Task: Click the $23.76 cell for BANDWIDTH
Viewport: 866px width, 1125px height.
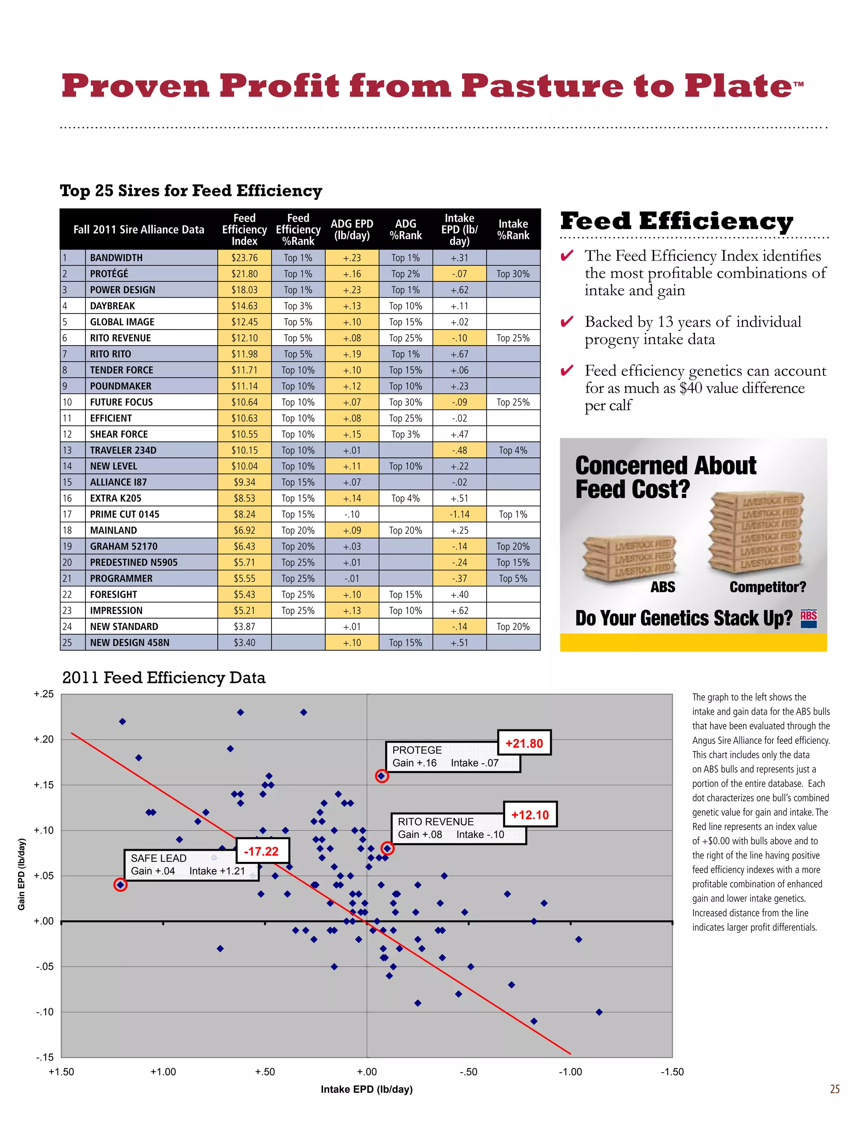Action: (244, 258)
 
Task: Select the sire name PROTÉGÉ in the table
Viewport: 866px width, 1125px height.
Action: (109, 273)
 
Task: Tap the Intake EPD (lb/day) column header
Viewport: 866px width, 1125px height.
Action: (459, 229)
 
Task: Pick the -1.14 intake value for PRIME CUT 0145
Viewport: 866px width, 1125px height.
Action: (459, 514)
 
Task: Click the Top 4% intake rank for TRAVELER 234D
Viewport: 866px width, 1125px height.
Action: (513, 450)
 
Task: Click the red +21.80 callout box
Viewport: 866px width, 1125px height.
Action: (524, 743)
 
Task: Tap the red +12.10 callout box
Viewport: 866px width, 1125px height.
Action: (530, 815)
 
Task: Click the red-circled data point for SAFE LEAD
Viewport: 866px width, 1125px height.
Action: (121, 884)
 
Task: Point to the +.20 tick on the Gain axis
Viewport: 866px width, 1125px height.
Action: (44, 739)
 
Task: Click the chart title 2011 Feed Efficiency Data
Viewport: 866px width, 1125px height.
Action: (164, 677)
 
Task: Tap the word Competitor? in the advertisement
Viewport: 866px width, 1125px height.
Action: (767, 587)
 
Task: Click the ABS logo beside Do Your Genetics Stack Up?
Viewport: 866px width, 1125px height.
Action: (808, 618)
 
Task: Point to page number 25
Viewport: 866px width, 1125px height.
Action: (835, 1089)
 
